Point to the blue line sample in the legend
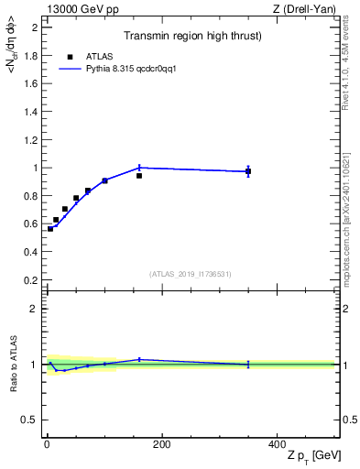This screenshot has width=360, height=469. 70,69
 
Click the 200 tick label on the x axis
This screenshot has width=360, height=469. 161,444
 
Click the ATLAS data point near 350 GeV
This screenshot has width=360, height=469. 247,171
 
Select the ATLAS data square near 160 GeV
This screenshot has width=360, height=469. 139,175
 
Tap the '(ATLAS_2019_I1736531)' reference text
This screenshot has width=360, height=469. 191,273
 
